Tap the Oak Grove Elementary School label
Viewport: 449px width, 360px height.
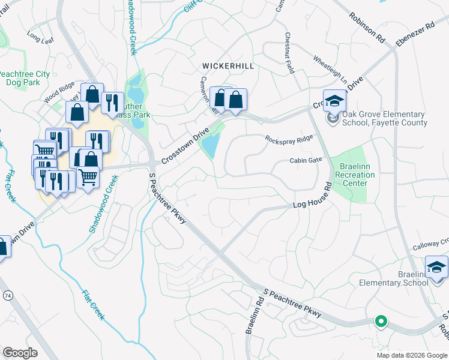click(x=384, y=119)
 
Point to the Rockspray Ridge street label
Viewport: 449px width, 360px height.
click(x=289, y=139)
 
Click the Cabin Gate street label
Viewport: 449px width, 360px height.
click(x=306, y=160)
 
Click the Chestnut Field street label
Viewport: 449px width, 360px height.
click(x=290, y=53)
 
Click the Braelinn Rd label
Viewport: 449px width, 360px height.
click(x=251, y=317)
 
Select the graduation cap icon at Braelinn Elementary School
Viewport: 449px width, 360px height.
click(x=436, y=267)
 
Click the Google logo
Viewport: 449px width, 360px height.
click(x=20, y=353)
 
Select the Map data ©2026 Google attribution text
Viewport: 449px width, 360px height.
click(x=411, y=355)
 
